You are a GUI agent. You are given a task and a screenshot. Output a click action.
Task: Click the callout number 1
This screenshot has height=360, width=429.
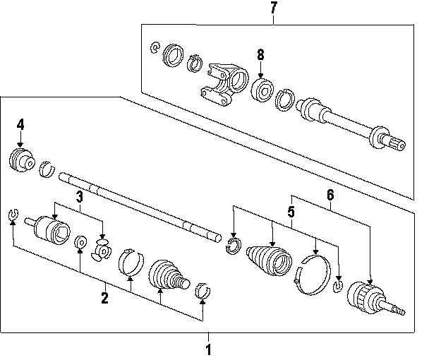(208, 349)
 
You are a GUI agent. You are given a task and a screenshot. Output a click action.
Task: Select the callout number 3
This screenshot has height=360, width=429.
(80, 196)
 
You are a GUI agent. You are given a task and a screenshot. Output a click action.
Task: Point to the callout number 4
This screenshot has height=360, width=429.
(20, 124)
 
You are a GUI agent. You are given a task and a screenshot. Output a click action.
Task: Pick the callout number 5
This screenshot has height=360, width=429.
(289, 210)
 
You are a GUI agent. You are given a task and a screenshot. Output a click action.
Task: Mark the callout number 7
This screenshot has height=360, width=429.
(274, 8)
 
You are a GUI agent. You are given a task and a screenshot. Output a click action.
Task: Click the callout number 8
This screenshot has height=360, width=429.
(260, 54)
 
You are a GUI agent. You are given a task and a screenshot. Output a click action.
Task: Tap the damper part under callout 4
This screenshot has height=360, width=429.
(23, 160)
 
